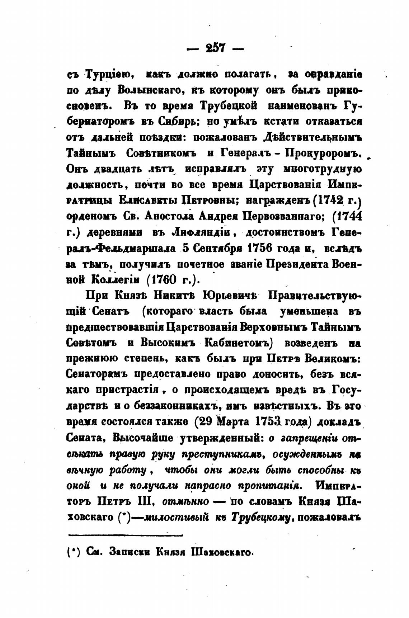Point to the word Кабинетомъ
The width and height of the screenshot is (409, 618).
[237, 342]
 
